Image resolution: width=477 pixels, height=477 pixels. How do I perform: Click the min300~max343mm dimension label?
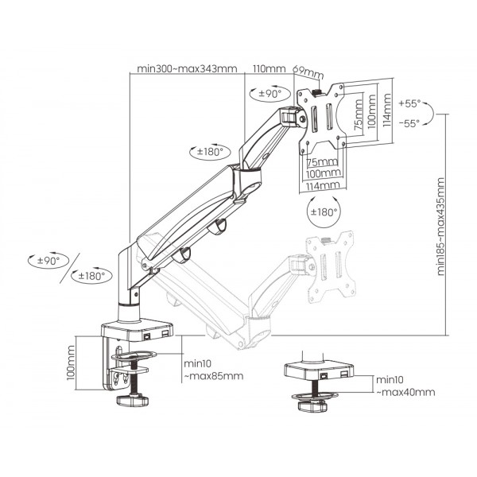187,69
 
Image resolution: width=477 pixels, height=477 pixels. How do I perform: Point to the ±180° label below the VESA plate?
323,212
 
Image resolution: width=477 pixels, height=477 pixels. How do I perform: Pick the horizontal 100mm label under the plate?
320,173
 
